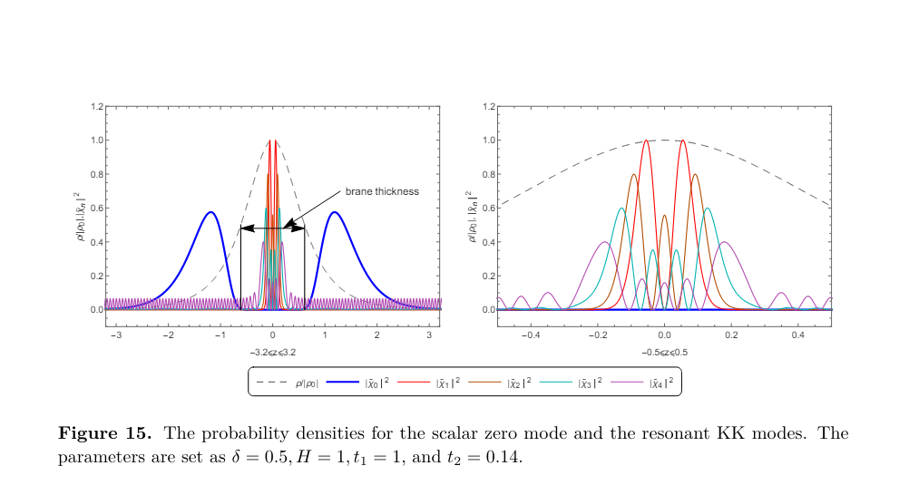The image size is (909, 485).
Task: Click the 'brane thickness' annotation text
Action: click(x=381, y=191)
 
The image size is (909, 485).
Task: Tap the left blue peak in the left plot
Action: click(x=210, y=213)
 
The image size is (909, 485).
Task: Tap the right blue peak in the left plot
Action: click(x=335, y=213)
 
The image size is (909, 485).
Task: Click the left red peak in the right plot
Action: click(x=646, y=141)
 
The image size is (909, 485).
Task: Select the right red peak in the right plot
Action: click(x=682, y=141)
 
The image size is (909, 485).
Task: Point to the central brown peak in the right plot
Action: click(x=664, y=216)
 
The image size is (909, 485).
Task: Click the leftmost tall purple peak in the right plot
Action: click(x=605, y=242)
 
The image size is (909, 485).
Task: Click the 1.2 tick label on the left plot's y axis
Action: click(x=97, y=107)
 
